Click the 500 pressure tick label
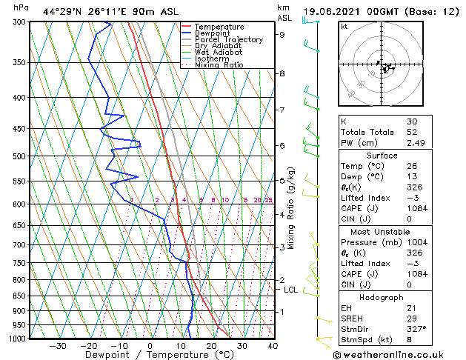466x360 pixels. point(19,156)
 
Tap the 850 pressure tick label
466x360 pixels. point(19,296)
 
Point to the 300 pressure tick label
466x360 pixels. point(19,22)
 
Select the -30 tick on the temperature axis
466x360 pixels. point(58,345)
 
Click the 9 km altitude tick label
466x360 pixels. point(282,34)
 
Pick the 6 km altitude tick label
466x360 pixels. point(282,145)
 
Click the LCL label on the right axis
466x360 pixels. point(290,290)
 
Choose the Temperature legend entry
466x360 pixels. point(220,27)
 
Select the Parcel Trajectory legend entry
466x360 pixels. point(228,39)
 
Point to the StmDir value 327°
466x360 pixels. point(416,328)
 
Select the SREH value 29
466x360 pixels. point(412,317)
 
